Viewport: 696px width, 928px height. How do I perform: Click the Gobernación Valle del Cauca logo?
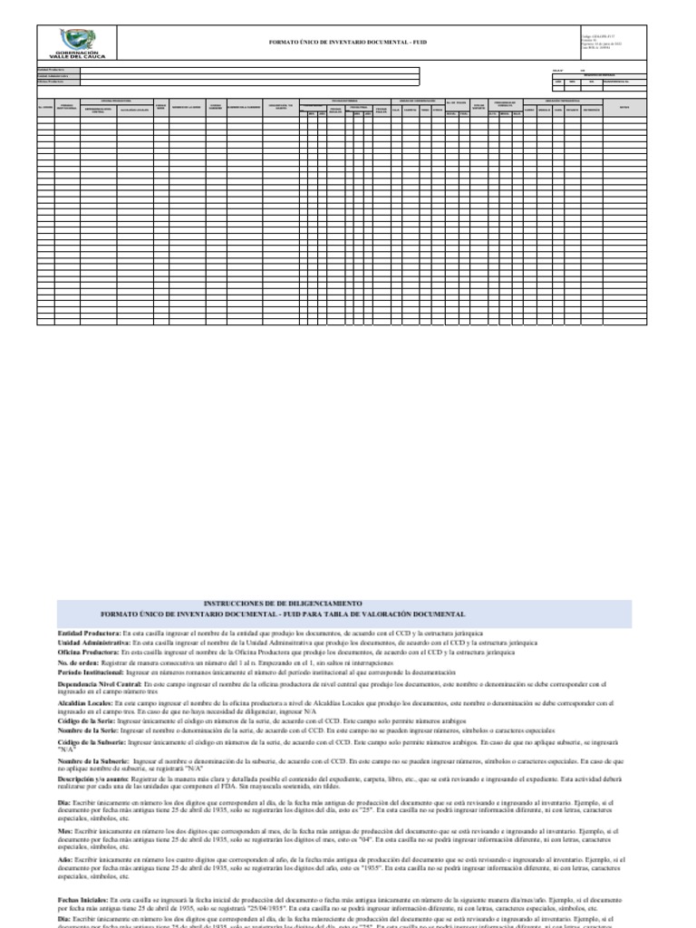[x=79, y=43]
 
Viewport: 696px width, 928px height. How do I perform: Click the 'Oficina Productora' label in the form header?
[x=51, y=82]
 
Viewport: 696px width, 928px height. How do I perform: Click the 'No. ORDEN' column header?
[x=44, y=107]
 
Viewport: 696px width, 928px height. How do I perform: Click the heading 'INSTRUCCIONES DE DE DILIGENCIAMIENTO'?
[x=283, y=603]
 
